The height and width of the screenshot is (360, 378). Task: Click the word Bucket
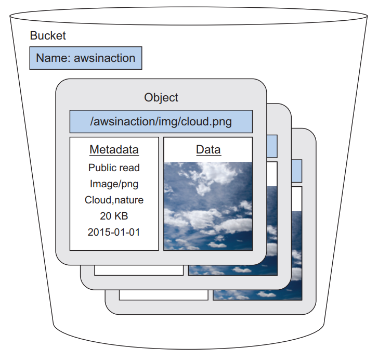pos(48,36)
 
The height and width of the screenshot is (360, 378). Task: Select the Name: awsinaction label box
pos(86,58)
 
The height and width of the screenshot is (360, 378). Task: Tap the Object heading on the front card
pos(161,97)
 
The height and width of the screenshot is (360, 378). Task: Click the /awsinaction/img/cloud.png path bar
pos(161,122)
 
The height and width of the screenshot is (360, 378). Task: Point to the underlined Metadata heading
pos(114,150)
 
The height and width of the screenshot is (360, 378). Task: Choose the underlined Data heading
pos(208,150)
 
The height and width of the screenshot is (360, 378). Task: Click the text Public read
pos(114,168)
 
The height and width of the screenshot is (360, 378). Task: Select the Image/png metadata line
pos(114,184)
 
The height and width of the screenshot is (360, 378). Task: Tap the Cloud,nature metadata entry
pos(114,200)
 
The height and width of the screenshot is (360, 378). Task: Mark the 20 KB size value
pos(114,215)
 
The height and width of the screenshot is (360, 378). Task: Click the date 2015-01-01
pos(114,232)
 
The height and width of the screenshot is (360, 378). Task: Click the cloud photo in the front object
pos(208,205)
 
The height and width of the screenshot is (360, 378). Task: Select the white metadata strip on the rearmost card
pos(163,294)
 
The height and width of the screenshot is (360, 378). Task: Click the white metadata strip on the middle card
pos(138,271)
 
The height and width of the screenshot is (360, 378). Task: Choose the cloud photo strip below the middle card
pos(232,271)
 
